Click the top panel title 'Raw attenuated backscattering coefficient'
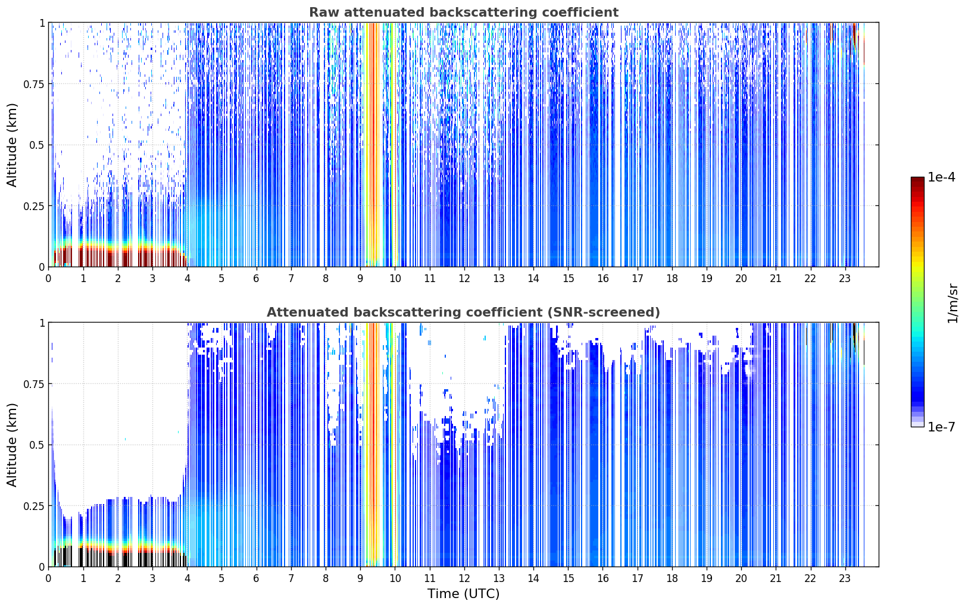click(464, 12)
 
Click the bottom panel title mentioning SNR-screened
click(464, 312)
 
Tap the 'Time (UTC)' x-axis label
click(464, 594)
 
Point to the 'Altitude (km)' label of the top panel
click(12, 145)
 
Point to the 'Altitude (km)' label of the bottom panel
click(12, 445)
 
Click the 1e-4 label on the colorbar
click(941, 177)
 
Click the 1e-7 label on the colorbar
click(941, 427)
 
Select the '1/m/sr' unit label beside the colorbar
click(952, 303)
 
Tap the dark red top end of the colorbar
click(917, 180)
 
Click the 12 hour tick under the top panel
click(464, 278)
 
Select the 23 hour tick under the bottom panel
click(845, 578)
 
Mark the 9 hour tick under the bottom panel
click(360, 578)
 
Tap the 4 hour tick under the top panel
click(187, 278)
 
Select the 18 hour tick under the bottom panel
click(672, 578)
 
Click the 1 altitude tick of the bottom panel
click(42, 323)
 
